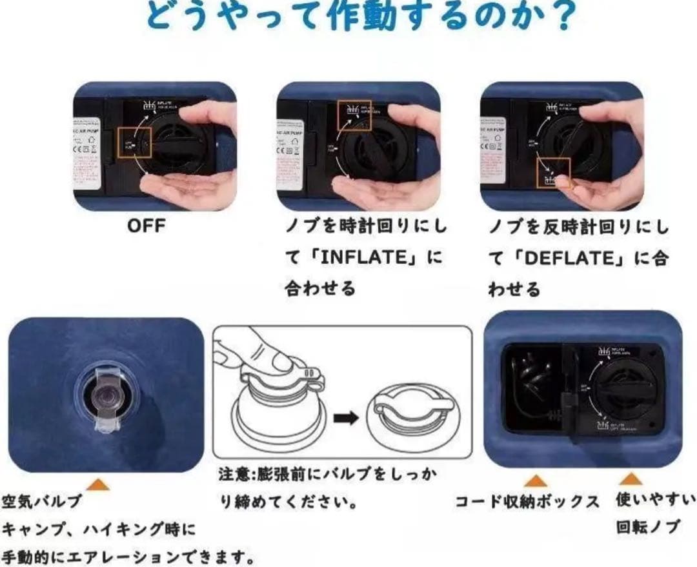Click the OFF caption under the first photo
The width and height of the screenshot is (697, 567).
146,226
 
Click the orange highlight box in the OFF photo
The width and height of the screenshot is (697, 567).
134,140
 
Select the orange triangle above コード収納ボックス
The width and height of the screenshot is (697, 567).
535,480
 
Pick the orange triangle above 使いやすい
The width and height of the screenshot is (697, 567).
631,478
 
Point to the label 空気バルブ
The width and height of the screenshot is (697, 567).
42,501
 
